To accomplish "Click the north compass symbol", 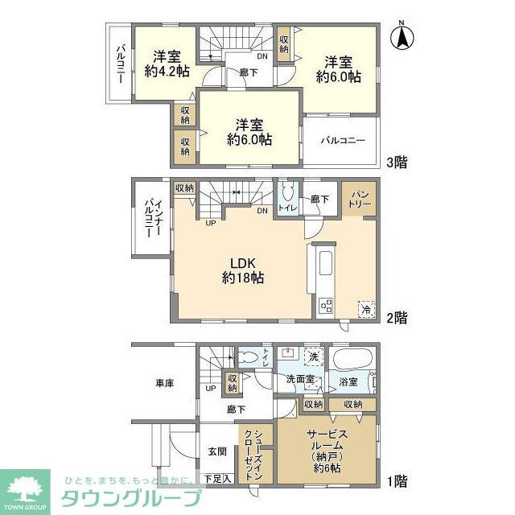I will point(403,37).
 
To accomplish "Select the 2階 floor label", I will point(396,316).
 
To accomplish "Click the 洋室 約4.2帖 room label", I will point(167,64).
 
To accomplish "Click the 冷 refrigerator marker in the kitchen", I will point(366,308).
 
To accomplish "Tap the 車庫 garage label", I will point(163,384).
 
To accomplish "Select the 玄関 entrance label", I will point(217,452).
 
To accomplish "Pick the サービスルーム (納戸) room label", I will point(325,451).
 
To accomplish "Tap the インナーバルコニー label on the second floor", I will point(150,217).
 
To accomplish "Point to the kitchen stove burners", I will point(326,306).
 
